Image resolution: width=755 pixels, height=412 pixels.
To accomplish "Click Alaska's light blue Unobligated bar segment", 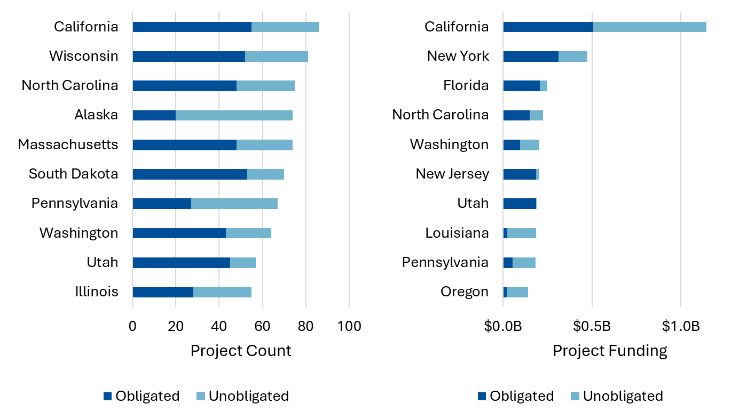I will (234, 115).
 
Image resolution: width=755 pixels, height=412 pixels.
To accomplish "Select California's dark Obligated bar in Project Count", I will (192, 27).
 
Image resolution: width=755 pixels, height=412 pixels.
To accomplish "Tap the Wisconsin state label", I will (84, 56).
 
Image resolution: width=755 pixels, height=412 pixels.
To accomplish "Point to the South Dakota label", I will (74, 174).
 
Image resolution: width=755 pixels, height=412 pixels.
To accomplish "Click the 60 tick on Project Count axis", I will (262, 326).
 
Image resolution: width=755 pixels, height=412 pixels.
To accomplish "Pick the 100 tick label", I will (349, 326).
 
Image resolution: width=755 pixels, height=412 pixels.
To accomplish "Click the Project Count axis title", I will (241, 351).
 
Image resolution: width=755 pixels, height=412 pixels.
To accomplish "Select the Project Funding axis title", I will (610, 351).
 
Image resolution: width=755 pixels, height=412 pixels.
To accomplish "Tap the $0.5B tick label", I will (591, 326).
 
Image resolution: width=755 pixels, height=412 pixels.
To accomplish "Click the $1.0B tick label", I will (680, 326).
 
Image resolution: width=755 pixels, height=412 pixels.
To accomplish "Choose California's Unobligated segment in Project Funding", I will (649, 27).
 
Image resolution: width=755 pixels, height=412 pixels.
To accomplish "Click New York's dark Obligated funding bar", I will (531, 56).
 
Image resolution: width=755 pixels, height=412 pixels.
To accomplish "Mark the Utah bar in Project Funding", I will (520, 204).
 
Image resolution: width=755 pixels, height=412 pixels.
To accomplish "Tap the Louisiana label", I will (457, 233).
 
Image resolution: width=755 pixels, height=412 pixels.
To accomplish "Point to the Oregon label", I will (465, 292).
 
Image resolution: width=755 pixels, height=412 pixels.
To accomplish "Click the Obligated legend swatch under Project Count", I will (108, 396).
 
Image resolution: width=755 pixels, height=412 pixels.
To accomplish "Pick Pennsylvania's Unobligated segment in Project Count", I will (234, 204).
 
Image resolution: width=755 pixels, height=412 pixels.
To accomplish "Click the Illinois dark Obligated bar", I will (163, 292).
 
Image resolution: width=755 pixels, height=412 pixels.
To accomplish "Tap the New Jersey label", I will (452, 174).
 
